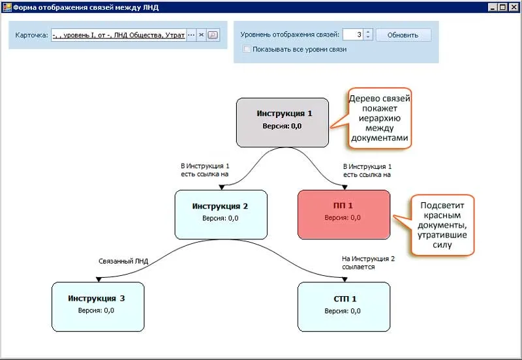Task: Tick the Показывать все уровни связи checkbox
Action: [x=247, y=49]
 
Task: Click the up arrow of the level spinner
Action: [x=368, y=32]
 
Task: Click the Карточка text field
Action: [x=118, y=35]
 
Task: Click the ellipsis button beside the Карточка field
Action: [x=191, y=35]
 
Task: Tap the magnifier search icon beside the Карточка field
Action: [x=212, y=35]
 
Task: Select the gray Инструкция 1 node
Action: [x=282, y=122]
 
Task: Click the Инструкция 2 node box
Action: [x=221, y=214]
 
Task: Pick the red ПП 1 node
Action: [x=343, y=214]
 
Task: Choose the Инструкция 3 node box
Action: [x=97, y=306]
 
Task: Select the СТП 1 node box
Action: [x=343, y=306]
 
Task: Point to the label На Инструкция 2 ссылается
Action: [x=368, y=262]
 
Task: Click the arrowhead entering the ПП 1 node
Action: [x=343, y=187]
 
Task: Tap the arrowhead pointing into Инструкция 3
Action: [x=98, y=279]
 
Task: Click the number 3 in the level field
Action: [x=360, y=35]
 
